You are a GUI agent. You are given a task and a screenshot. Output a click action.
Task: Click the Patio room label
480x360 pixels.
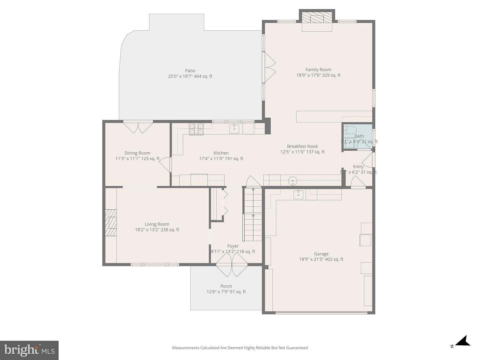(190, 71)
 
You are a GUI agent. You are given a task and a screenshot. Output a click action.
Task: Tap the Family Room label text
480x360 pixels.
(318, 70)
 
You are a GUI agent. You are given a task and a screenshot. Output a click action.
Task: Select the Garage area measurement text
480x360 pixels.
(321, 259)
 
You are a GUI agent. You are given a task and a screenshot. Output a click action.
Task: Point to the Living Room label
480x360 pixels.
(157, 224)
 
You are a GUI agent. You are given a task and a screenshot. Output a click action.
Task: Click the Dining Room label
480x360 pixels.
(137, 153)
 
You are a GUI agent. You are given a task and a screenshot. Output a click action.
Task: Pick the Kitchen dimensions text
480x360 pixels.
(221, 159)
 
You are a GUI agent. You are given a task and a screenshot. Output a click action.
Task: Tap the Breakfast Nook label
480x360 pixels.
(302, 146)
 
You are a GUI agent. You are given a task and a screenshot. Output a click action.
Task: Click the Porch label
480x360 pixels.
(226, 286)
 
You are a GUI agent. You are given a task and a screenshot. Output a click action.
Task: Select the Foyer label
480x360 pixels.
(233, 246)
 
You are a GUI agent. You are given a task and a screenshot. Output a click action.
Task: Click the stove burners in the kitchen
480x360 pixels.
(196, 129)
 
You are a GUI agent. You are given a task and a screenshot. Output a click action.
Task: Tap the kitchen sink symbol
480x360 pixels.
(234, 128)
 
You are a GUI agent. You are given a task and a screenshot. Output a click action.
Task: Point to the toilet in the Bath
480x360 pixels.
(350, 130)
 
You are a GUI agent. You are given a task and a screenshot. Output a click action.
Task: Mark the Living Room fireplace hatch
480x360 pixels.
(111, 223)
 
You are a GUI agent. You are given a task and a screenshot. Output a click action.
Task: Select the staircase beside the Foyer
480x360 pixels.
(253, 215)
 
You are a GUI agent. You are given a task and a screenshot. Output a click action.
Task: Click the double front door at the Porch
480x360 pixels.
(232, 264)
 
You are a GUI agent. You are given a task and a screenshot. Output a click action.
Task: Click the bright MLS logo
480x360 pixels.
(29, 350)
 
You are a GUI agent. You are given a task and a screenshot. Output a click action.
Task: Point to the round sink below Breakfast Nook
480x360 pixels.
(292, 181)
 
